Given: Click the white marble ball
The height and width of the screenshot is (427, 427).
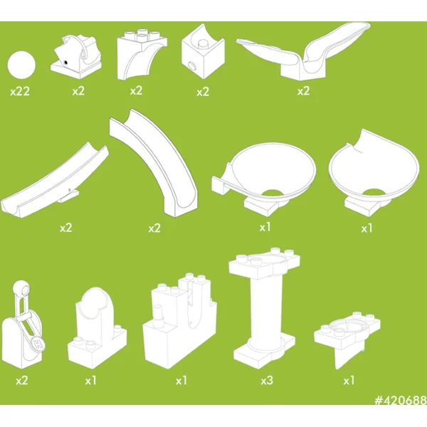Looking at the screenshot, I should (21, 66).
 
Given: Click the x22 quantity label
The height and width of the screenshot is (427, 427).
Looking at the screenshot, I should (20, 92).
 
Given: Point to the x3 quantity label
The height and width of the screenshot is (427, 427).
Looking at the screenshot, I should (267, 381).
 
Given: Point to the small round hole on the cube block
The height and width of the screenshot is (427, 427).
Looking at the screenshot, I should (194, 65).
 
